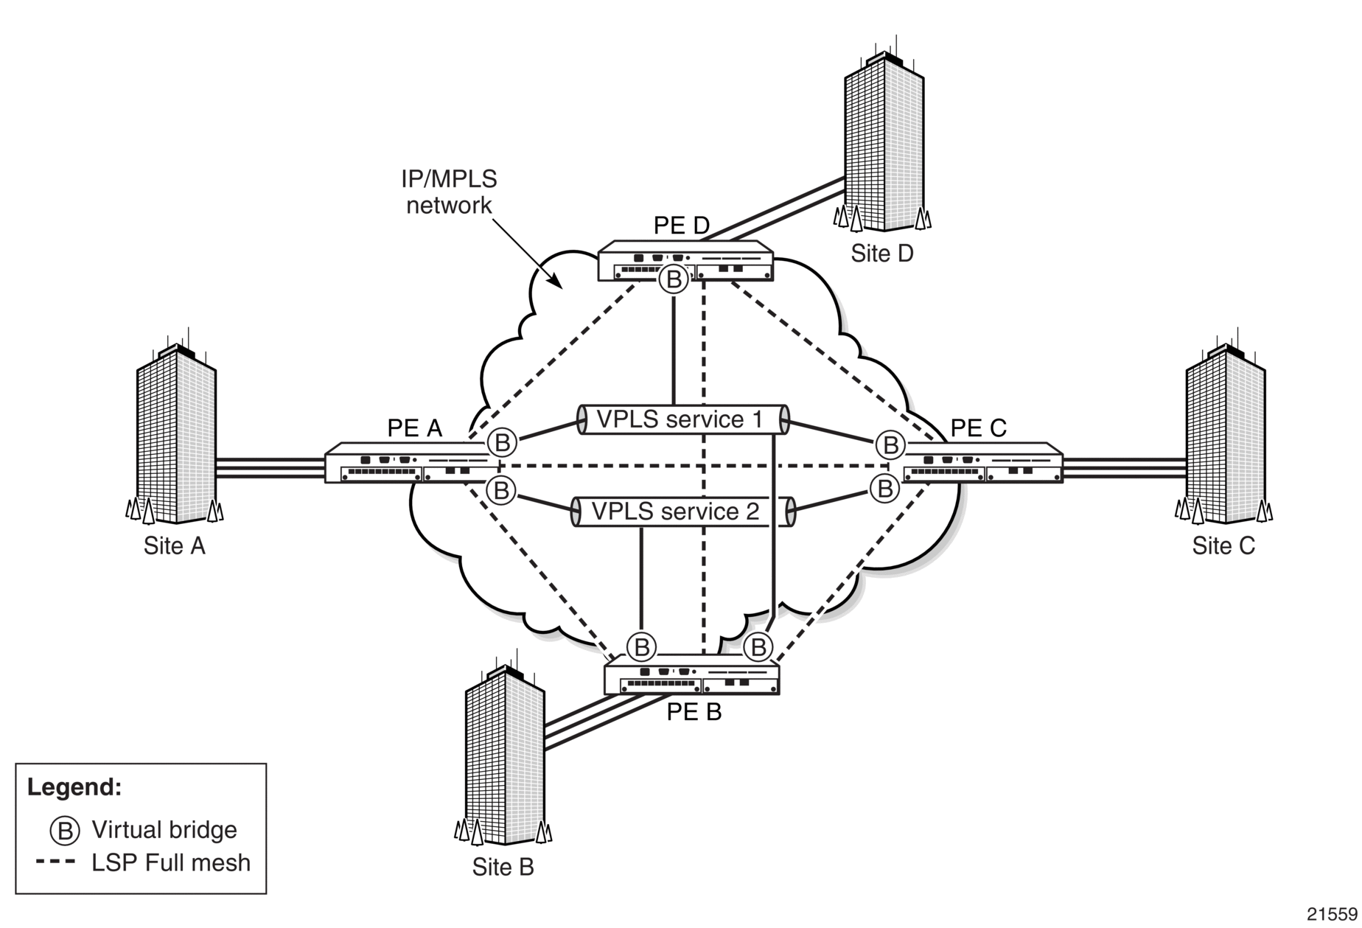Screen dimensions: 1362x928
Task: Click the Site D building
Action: click(883, 140)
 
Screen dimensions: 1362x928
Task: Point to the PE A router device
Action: click(412, 463)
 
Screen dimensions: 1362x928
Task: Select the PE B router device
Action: click(691, 675)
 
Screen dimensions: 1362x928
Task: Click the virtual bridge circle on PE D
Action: click(673, 279)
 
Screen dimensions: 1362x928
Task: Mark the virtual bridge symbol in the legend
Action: click(64, 831)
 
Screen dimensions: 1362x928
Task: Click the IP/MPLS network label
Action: click(449, 192)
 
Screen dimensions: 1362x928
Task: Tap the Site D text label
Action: click(882, 254)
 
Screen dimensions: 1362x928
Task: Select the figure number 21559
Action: click(1333, 914)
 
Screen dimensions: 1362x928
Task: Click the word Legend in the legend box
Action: click(74, 787)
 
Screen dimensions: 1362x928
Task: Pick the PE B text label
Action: click(694, 712)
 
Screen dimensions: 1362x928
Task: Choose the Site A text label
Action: click(174, 546)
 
